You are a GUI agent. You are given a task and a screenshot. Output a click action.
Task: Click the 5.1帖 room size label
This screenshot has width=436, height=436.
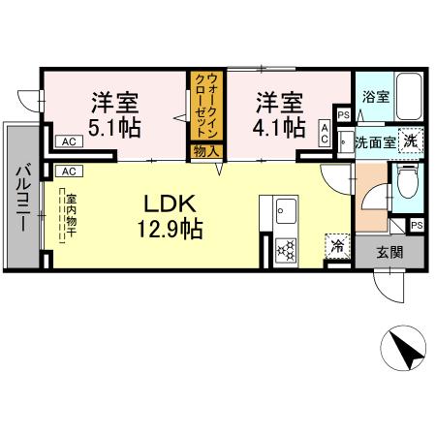114,126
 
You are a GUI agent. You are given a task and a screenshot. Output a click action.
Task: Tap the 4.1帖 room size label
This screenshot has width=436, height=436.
278,126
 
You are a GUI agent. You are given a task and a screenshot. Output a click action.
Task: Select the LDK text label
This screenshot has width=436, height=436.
171,205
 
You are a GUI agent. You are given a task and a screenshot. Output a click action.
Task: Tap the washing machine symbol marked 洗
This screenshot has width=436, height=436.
412,140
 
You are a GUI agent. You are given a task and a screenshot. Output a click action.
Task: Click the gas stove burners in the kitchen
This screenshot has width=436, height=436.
287,250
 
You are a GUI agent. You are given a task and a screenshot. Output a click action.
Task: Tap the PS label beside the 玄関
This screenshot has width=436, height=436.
417,225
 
